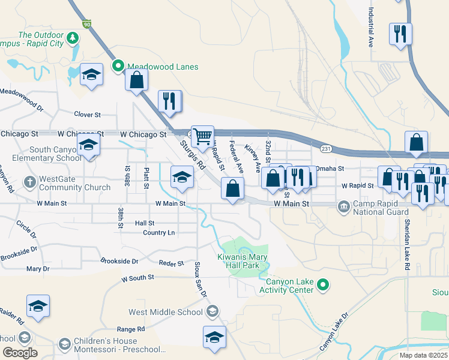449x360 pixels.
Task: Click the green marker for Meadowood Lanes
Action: (x=118, y=67)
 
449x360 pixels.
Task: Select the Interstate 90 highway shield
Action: (x=87, y=24)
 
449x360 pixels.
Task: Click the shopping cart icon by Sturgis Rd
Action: (x=202, y=136)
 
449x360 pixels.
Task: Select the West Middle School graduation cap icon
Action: (x=211, y=311)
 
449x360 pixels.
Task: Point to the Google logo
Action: (x=20, y=352)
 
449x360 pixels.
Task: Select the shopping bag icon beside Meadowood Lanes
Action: (x=137, y=80)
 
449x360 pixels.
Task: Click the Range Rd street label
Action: (x=131, y=329)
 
